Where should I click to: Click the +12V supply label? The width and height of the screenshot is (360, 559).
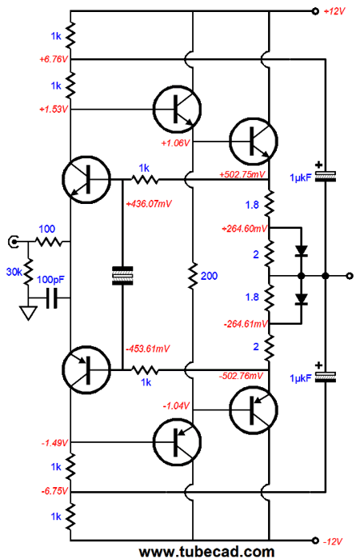(x=334, y=11)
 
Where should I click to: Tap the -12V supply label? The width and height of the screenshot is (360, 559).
(x=333, y=541)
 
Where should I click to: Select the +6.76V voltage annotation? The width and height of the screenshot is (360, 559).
(x=53, y=59)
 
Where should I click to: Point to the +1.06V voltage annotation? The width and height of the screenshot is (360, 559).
(x=175, y=143)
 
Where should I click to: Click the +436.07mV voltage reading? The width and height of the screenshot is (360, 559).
(x=149, y=204)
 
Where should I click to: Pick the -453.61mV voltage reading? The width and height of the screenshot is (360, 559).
(x=148, y=349)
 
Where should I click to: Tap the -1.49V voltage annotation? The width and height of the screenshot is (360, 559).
(x=54, y=443)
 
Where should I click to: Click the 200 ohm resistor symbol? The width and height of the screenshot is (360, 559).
(x=193, y=276)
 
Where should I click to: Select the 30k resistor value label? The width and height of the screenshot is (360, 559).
(x=14, y=272)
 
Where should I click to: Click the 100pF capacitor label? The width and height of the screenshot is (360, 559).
(x=50, y=280)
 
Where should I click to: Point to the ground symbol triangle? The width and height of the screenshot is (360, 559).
(x=29, y=313)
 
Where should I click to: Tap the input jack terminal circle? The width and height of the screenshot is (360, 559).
(x=14, y=242)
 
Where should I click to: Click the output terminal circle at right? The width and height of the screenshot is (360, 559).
(x=350, y=276)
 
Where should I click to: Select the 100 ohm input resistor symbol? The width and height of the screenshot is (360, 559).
(x=49, y=242)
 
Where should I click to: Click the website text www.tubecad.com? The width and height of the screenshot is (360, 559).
(x=207, y=552)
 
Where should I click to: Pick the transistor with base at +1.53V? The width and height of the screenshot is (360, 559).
(x=177, y=109)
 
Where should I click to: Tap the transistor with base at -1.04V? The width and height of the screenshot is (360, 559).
(x=254, y=410)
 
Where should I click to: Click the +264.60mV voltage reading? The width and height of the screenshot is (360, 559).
(x=245, y=229)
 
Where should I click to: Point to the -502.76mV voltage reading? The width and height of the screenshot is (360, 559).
(x=241, y=376)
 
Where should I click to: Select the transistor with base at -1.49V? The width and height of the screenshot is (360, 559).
(x=177, y=442)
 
